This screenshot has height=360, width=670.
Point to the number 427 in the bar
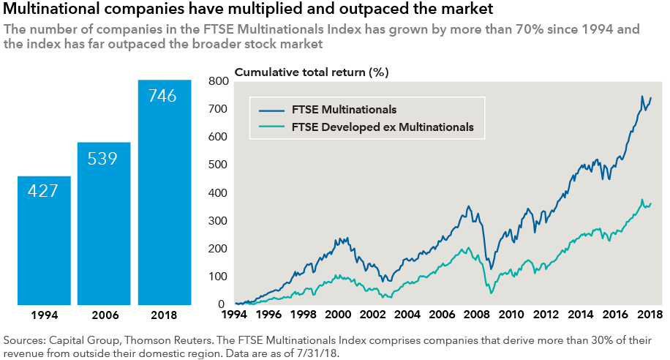click(x=44, y=191)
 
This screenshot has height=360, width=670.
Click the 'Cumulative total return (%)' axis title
click(x=312, y=72)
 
